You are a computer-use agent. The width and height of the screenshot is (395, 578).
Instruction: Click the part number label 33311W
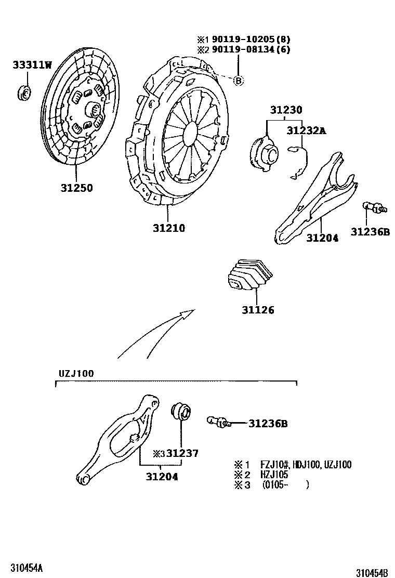32,65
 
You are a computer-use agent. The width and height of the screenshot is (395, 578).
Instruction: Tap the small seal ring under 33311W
24,92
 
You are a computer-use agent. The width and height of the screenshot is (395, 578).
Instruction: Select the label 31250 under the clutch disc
76,188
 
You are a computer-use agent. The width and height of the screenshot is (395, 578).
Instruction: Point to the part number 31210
169,228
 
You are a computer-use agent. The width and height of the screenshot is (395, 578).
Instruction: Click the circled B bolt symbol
239,81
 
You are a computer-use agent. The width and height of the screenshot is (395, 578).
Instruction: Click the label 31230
286,110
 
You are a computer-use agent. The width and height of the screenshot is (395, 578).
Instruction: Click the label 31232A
307,130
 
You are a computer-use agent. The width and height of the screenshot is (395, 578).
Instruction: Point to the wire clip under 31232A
299,163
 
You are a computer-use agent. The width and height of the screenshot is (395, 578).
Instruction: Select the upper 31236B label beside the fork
370,232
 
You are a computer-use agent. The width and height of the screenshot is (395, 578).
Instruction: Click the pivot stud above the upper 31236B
374,207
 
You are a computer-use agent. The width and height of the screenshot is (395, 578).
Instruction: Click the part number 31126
258,310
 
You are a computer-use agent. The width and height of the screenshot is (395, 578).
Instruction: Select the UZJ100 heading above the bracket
76,373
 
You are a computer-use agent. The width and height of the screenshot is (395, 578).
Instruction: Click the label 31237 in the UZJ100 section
182,453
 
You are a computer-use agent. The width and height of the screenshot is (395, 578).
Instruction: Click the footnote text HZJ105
274,475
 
